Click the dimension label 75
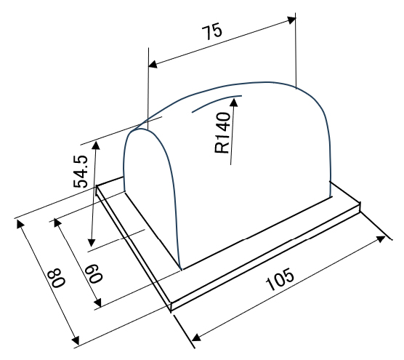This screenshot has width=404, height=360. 211,31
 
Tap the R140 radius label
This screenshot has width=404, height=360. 222,132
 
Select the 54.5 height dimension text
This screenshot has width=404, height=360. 81,172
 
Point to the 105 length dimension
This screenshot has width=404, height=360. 280,279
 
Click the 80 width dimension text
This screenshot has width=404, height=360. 58,278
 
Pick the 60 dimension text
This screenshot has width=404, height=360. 94,273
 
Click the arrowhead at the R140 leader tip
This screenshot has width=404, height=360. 234,102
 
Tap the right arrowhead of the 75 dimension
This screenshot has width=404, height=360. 291,20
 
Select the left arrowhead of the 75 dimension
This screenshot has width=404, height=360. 153,65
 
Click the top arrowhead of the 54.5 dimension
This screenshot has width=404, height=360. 96,145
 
